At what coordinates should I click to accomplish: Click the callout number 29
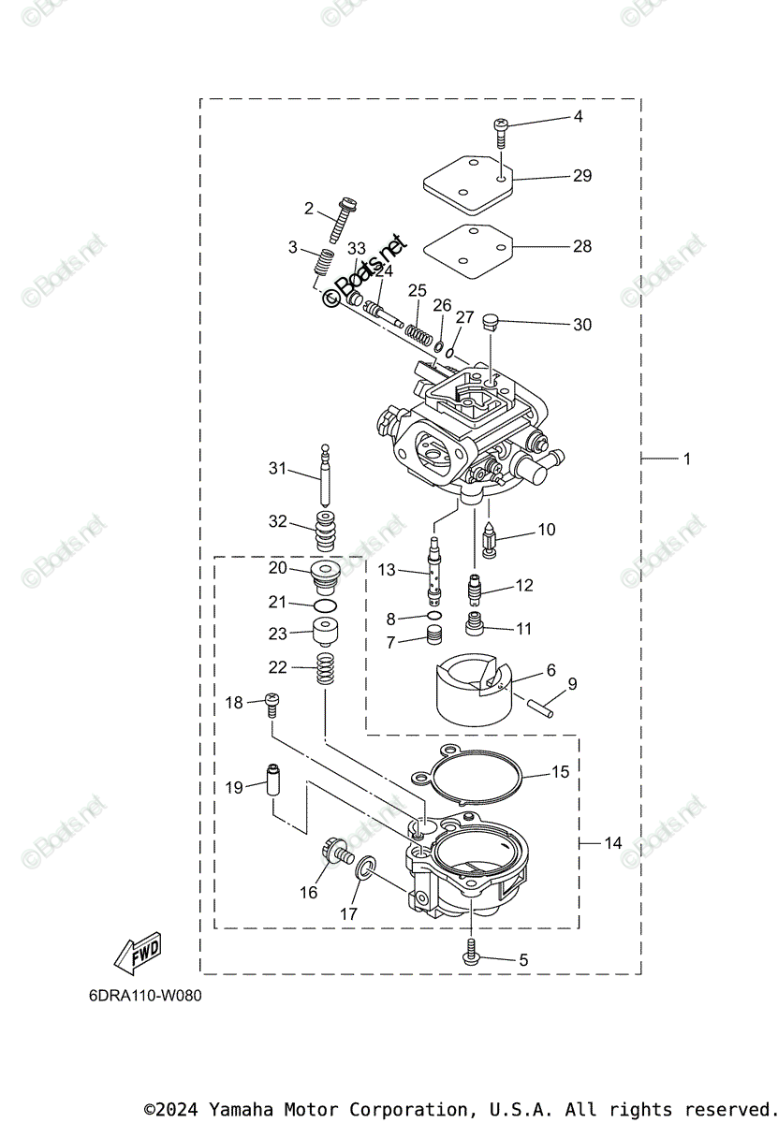(582, 176)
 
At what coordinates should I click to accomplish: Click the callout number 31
(277, 468)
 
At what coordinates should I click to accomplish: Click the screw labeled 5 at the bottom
(470, 953)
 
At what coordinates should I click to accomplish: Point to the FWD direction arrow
(137, 952)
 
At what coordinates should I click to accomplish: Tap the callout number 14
(612, 843)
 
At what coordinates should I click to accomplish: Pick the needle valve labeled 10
(491, 538)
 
